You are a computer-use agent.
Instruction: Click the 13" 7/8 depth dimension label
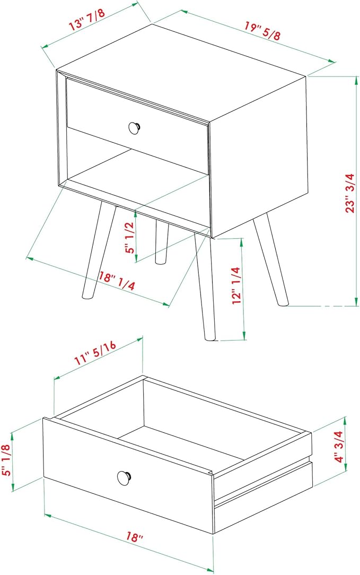click(x=87, y=20)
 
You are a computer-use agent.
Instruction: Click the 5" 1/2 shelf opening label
click(x=130, y=238)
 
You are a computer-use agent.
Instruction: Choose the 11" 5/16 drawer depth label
click(x=95, y=352)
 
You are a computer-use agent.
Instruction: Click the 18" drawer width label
click(x=134, y=537)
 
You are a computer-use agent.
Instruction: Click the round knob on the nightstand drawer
click(x=135, y=128)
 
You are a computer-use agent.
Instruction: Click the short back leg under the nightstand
click(x=162, y=242)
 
